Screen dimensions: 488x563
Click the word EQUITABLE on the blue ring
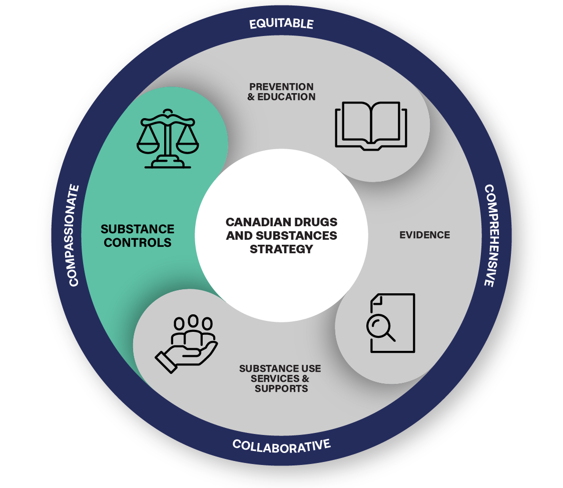(x=281, y=24)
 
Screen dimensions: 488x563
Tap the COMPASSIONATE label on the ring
(x=74, y=235)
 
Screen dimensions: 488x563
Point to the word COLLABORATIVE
(x=281, y=445)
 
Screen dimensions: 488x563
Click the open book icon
(x=371, y=125)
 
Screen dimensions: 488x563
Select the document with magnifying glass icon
(x=391, y=323)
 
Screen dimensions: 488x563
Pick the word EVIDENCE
(x=424, y=235)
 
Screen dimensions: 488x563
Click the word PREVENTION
(x=281, y=87)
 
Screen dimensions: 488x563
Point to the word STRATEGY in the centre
(x=281, y=249)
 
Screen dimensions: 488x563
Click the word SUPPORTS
(x=281, y=388)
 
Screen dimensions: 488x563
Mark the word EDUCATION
(x=286, y=97)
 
